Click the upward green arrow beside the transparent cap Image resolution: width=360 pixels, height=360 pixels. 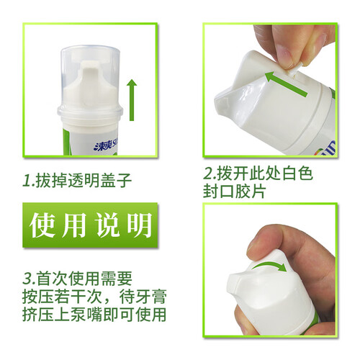pos(132,100)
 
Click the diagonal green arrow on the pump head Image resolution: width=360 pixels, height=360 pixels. pos(286,84)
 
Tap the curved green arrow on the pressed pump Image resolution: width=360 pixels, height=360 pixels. pos(271,266)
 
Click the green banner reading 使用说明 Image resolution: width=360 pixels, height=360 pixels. pos(90,225)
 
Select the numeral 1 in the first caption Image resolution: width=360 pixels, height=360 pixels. pos(27,180)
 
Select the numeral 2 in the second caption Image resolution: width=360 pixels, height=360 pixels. pos(209,173)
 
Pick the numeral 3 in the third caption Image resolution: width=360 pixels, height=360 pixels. pos(28,279)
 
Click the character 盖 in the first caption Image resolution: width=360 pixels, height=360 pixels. pos(108,180)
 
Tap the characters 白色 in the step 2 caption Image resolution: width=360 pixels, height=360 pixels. pos(297,173)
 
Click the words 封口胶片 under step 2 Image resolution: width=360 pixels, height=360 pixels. pos(234,192)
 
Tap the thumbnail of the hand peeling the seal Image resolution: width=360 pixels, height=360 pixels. pos(270,91)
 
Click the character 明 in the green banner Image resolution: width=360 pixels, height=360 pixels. pos(139,225)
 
